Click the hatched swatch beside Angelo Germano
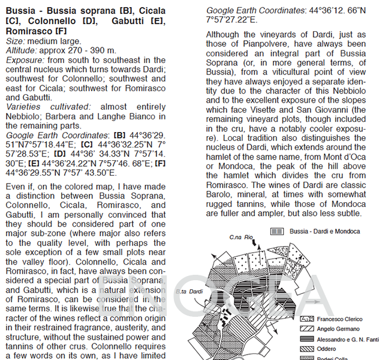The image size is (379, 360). click(x=307, y=329)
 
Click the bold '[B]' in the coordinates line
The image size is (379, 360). click(x=119, y=136)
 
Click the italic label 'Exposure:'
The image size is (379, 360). click(x=24, y=60)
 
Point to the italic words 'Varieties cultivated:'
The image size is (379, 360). click(x=44, y=106)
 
